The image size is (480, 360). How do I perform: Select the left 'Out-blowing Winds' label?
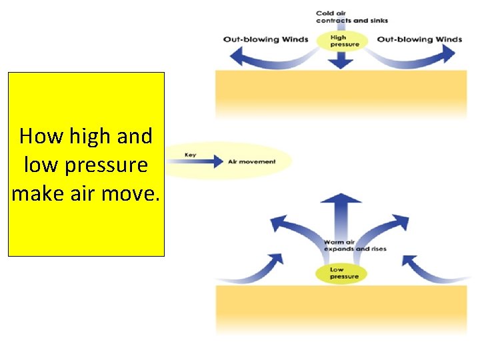point(266,39)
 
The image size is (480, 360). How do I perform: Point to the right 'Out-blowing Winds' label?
point(419,39)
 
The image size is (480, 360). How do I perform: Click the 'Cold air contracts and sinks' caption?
point(351,17)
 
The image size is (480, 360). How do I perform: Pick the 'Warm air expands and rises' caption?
point(355,245)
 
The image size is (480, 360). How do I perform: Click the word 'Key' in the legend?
point(191,155)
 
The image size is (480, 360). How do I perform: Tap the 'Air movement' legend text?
point(252,162)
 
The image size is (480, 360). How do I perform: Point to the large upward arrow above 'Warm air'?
point(341,213)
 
